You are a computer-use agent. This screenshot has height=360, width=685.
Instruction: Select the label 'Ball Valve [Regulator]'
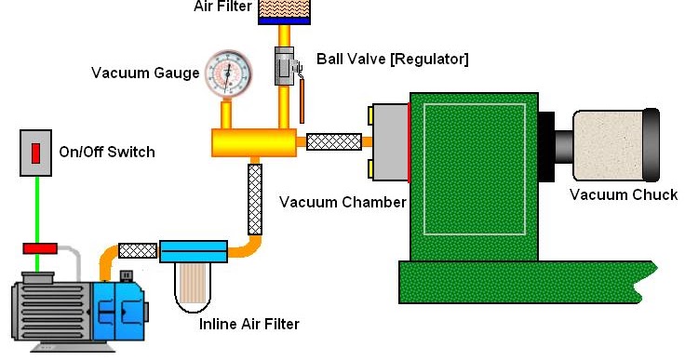click(x=392, y=59)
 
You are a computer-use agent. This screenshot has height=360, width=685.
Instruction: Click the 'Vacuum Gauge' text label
click(x=145, y=73)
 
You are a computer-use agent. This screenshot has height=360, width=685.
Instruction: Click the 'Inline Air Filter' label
click(x=249, y=325)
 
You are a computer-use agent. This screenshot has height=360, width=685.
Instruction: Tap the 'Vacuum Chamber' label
click(x=342, y=202)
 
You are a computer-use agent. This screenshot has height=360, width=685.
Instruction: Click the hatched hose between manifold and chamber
click(x=333, y=141)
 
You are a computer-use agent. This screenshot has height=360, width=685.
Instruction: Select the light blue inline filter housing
click(x=194, y=251)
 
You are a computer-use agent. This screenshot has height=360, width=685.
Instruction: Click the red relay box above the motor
click(x=39, y=248)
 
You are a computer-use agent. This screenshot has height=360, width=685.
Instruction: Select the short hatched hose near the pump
click(x=138, y=249)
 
